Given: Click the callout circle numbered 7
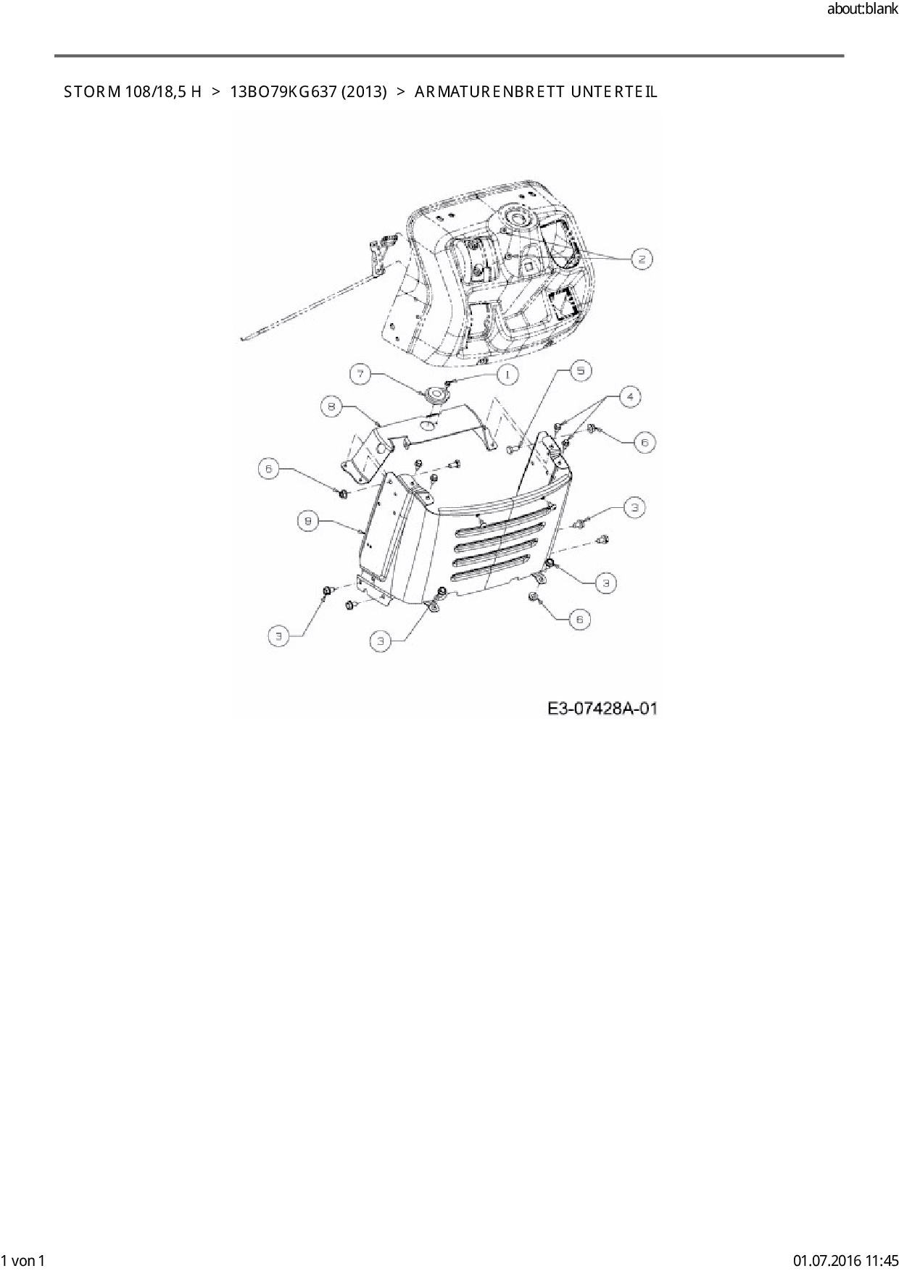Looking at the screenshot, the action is (361, 374).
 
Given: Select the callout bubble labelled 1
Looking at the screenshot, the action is (507, 374).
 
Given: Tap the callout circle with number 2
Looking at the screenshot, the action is (642, 259).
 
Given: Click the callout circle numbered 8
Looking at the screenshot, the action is (331, 407).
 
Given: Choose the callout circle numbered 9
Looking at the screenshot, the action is (309, 521).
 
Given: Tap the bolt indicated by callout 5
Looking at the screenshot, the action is (509, 451).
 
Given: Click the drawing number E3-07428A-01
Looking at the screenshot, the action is (602, 708).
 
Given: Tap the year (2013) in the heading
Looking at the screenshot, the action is (365, 92).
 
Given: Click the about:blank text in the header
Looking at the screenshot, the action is (862, 9).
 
